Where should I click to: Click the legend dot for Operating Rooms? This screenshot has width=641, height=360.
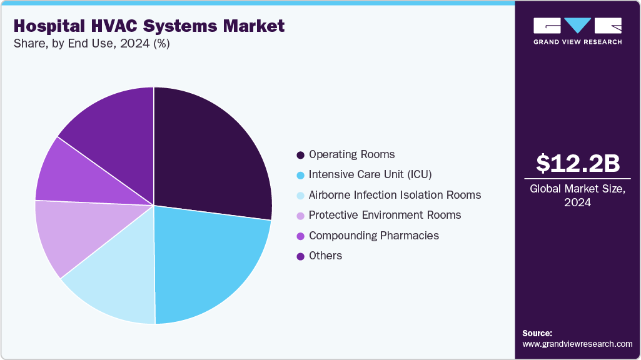coord(301,154)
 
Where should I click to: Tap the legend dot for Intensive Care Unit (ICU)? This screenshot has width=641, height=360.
coord(301,174)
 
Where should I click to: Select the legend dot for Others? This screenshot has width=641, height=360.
coord(301,256)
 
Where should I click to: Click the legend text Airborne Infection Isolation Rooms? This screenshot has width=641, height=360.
coord(395,195)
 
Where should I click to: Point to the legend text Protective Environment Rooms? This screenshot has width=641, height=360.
coord(385,215)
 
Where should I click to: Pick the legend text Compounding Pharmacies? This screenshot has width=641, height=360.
coord(373,236)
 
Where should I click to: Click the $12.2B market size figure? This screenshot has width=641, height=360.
coord(578,163)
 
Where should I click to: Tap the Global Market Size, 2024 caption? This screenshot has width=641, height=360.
coord(578,195)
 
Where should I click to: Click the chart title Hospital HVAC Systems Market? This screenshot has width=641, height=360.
coord(148,26)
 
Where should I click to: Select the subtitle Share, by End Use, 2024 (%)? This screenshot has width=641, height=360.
coord(92,44)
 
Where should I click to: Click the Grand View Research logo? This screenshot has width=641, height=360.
coord(577,31)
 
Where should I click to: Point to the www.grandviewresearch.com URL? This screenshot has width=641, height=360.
coord(577,344)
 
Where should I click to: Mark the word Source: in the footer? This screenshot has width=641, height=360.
coord(537,333)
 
